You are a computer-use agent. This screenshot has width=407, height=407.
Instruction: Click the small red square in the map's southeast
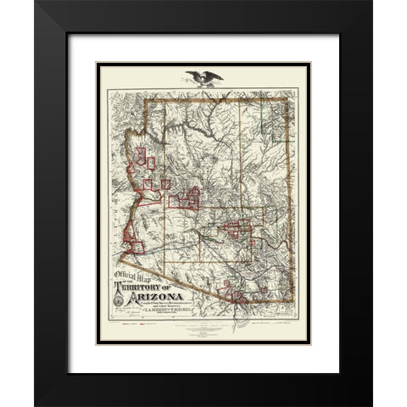[264, 289]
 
